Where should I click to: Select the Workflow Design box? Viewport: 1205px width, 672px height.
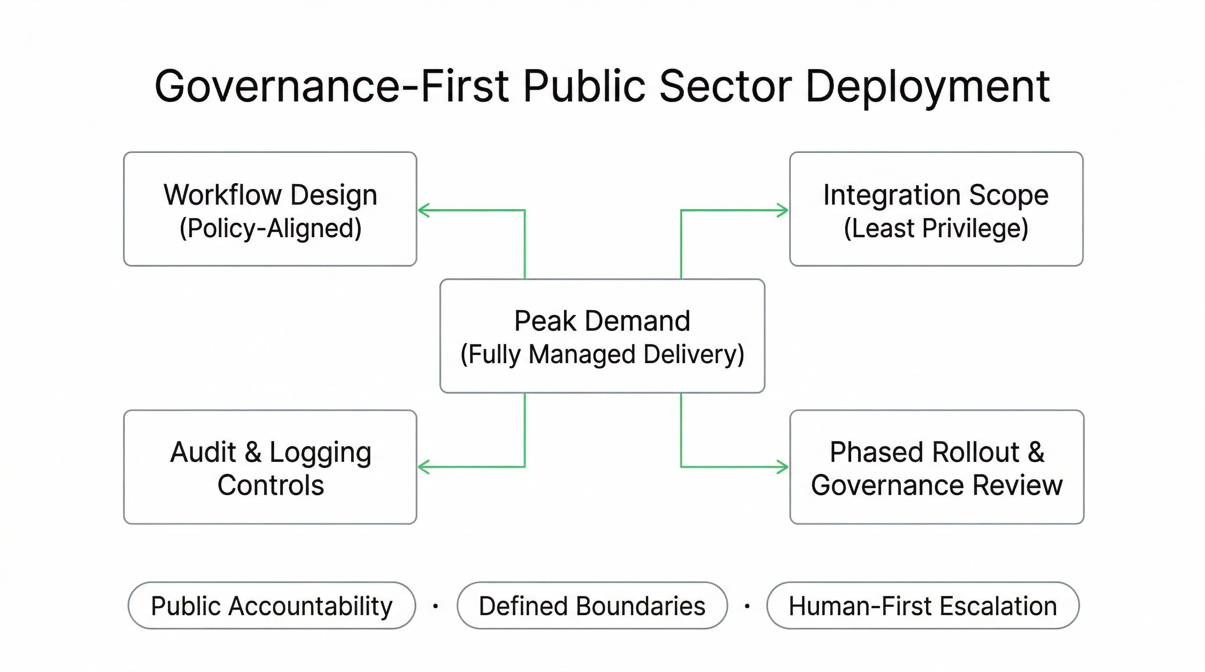point(270,209)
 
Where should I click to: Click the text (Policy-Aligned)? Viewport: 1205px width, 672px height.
point(270,228)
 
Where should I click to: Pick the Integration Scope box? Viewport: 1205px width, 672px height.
point(936,209)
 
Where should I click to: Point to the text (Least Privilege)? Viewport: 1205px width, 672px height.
point(936,228)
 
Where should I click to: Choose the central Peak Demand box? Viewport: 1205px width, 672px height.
point(602,336)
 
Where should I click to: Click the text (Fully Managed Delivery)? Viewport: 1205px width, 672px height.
point(602,354)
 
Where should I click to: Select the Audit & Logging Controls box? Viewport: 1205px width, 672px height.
point(270,467)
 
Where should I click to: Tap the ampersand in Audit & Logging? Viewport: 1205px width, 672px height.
point(253,452)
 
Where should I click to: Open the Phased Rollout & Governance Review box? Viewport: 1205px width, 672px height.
point(937,467)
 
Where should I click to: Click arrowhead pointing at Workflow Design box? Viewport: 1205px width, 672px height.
point(423,210)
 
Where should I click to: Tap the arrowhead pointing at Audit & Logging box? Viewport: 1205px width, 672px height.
point(423,466)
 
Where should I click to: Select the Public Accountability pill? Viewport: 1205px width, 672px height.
point(271,605)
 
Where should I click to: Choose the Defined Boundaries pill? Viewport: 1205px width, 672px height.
point(592,605)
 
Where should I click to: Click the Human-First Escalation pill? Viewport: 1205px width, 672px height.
point(923,605)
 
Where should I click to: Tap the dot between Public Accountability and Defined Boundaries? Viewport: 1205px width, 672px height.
point(436,606)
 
